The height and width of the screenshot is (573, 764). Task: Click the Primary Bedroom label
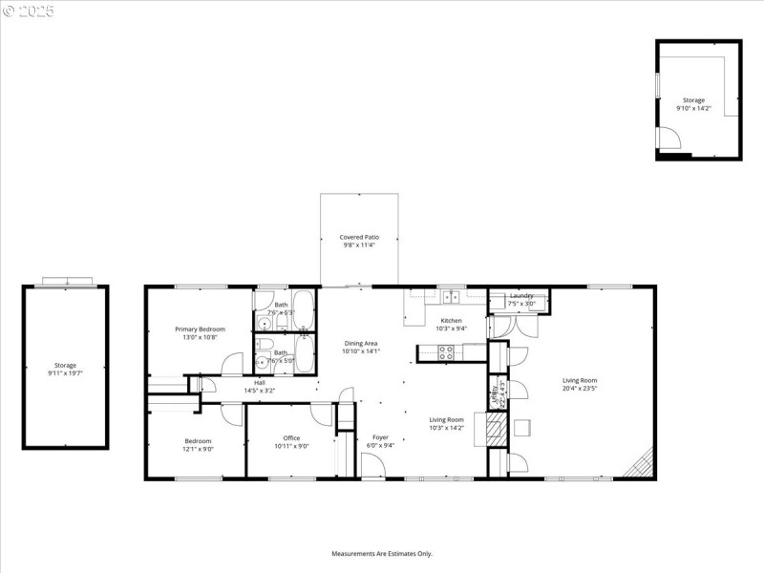(x=200, y=329)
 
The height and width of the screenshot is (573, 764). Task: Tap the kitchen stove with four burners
(x=446, y=351)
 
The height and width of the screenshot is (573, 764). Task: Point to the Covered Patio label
(x=359, y=237)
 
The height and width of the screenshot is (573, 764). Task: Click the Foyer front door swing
(x=372, y=467)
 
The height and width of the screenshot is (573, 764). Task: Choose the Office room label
(x=291, y=438)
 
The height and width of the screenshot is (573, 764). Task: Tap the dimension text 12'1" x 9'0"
(x=199, y=448)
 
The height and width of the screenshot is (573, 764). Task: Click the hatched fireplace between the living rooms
(x=496, y=426)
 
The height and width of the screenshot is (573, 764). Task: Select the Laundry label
(x=521, y=296)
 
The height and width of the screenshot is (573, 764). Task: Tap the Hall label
(x=259, y=382)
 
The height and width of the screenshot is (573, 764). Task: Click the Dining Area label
(x=361, y=343)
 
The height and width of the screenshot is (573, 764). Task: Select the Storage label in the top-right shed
(x=693, y=100)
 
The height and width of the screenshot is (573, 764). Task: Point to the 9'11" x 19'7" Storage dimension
(x=65, y=373)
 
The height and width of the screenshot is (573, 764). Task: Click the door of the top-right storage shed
(x=672, y=141)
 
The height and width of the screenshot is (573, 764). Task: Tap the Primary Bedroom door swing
(x=231, y=365)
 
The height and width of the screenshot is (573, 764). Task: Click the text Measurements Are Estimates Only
(x=382, y=553)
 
